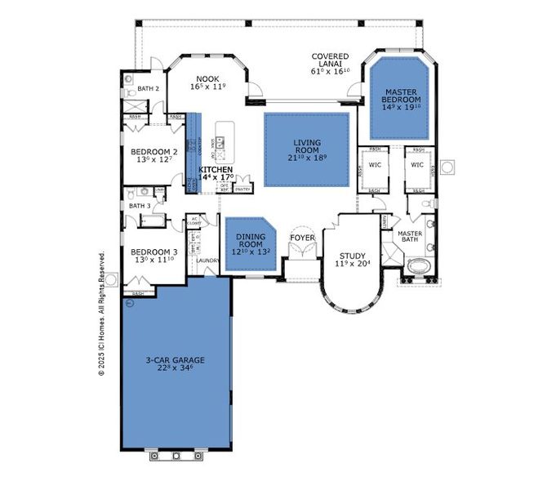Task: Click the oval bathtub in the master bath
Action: click(x=417, y=266)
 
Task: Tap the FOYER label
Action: click(x=303, y=238)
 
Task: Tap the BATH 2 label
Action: click(x=148, y=88)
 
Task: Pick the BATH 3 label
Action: click(x=140, y=206)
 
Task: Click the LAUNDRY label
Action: click(x=208, y=261)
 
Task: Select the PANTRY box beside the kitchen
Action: click(x=242, y=189)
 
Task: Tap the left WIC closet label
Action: click(x=375, y=164)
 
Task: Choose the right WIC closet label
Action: click(x=417, y=164)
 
